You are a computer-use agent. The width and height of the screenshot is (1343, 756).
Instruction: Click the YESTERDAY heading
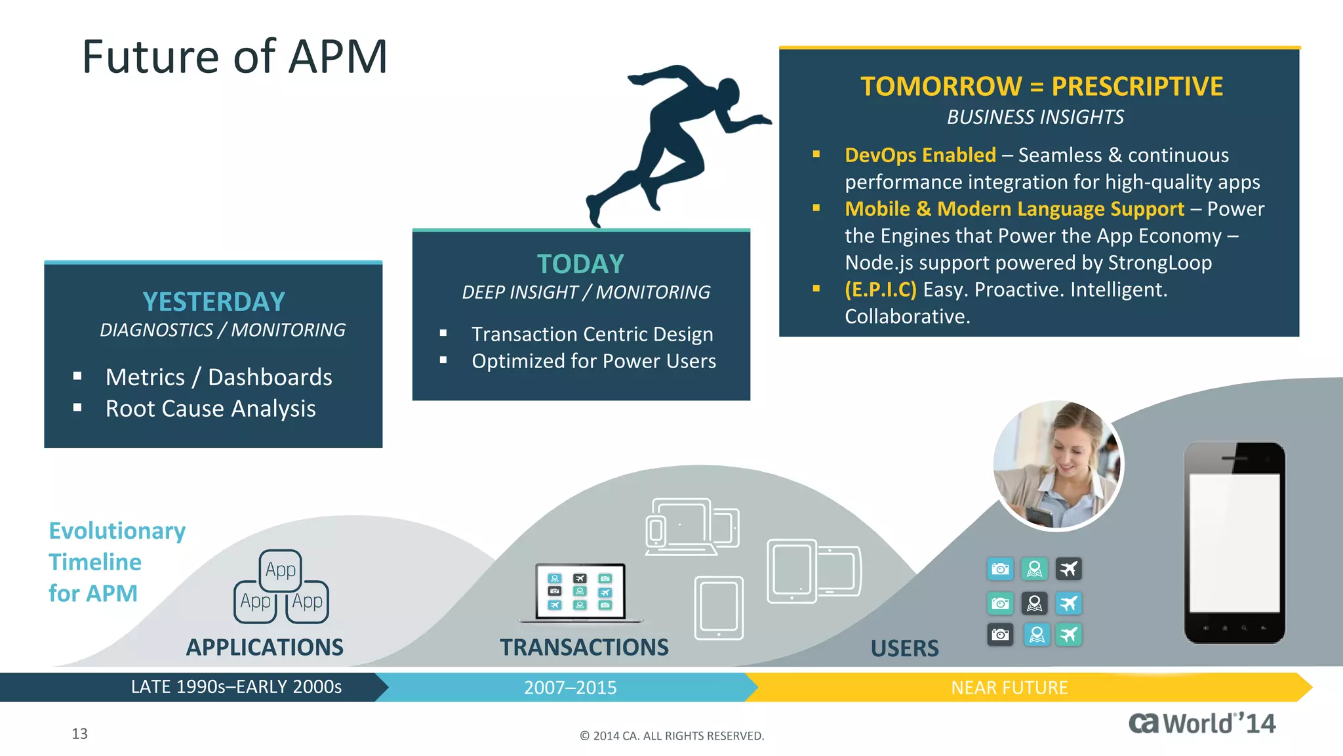tap(214, 302)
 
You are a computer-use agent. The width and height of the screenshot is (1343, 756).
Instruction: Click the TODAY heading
tap(580, 264)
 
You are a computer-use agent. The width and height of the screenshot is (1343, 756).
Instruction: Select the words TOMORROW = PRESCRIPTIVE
tap(1041, 87)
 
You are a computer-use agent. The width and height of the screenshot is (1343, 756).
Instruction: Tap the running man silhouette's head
tap(728, 91)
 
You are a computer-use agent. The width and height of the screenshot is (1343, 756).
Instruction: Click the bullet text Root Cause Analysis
tap(210, 409)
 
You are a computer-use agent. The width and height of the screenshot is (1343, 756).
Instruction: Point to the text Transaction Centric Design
tap(591, 334)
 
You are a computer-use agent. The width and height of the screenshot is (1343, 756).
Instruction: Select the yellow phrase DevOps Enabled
tap(919, 155)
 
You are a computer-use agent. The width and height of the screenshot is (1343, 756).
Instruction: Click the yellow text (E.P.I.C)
tap(880, 289)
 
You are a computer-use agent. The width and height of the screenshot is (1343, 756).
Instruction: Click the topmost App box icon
tap(281, 570)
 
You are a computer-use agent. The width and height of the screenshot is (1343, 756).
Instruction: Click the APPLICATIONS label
tap(264, 647)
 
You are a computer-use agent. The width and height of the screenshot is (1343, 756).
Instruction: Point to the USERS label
tap(904, 648)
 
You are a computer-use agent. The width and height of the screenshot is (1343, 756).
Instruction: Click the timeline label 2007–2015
tap(570, 687)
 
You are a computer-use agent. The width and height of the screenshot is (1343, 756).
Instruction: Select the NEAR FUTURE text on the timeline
tap(1009, 687)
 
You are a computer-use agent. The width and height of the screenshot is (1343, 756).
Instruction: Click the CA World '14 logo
tap(1201, 723)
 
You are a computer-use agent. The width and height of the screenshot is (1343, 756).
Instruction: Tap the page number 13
tap(79, 734)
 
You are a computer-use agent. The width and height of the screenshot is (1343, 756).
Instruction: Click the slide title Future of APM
tap(235, 56)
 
